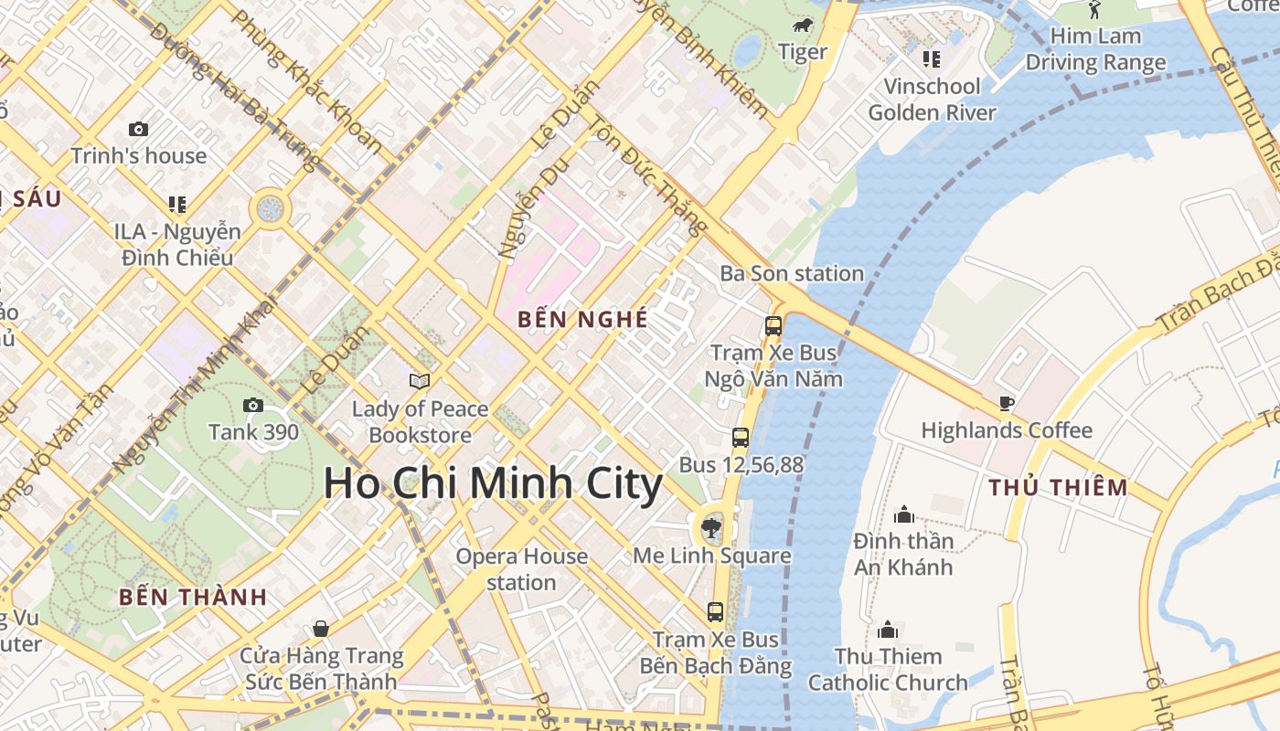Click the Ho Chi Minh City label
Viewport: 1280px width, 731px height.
click(x=493, y=483)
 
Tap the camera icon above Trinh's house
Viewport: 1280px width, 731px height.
click(x=138, y=129)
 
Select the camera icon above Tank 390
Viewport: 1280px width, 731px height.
click(x=253, y=405)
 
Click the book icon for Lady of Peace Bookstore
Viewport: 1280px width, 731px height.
click(x=420, y=381)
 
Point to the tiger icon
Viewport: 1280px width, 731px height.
click(x=803, y=26)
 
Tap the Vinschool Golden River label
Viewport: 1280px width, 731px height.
click(x=932, y=100)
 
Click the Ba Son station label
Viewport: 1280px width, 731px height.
click(x=792, y=273)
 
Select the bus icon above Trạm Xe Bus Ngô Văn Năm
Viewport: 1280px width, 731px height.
click(x=773, y=325)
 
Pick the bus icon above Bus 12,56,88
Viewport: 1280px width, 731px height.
click(x=741, y=438)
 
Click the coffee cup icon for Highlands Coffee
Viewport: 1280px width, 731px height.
click(x=1007, y=403)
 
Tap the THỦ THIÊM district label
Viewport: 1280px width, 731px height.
click(x=1058, y=487)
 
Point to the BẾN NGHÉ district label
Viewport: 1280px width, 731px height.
click(x=582, y=319)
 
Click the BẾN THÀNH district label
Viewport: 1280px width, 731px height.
click(x=193, y=598)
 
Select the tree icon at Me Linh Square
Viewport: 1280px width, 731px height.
click(x=709, y=525)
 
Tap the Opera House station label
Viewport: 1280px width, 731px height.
click(x=521, y=569)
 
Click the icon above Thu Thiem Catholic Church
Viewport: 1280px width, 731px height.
click(x=888, y=630)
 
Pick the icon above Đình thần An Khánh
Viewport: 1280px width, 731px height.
click(x=904, y=514)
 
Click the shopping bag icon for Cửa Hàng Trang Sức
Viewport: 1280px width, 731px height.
click(x=321, y=628)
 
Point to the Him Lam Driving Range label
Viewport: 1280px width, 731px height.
click(x=1095, y=49)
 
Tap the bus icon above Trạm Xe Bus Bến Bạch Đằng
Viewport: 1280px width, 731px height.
click(x=715, y=612)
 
